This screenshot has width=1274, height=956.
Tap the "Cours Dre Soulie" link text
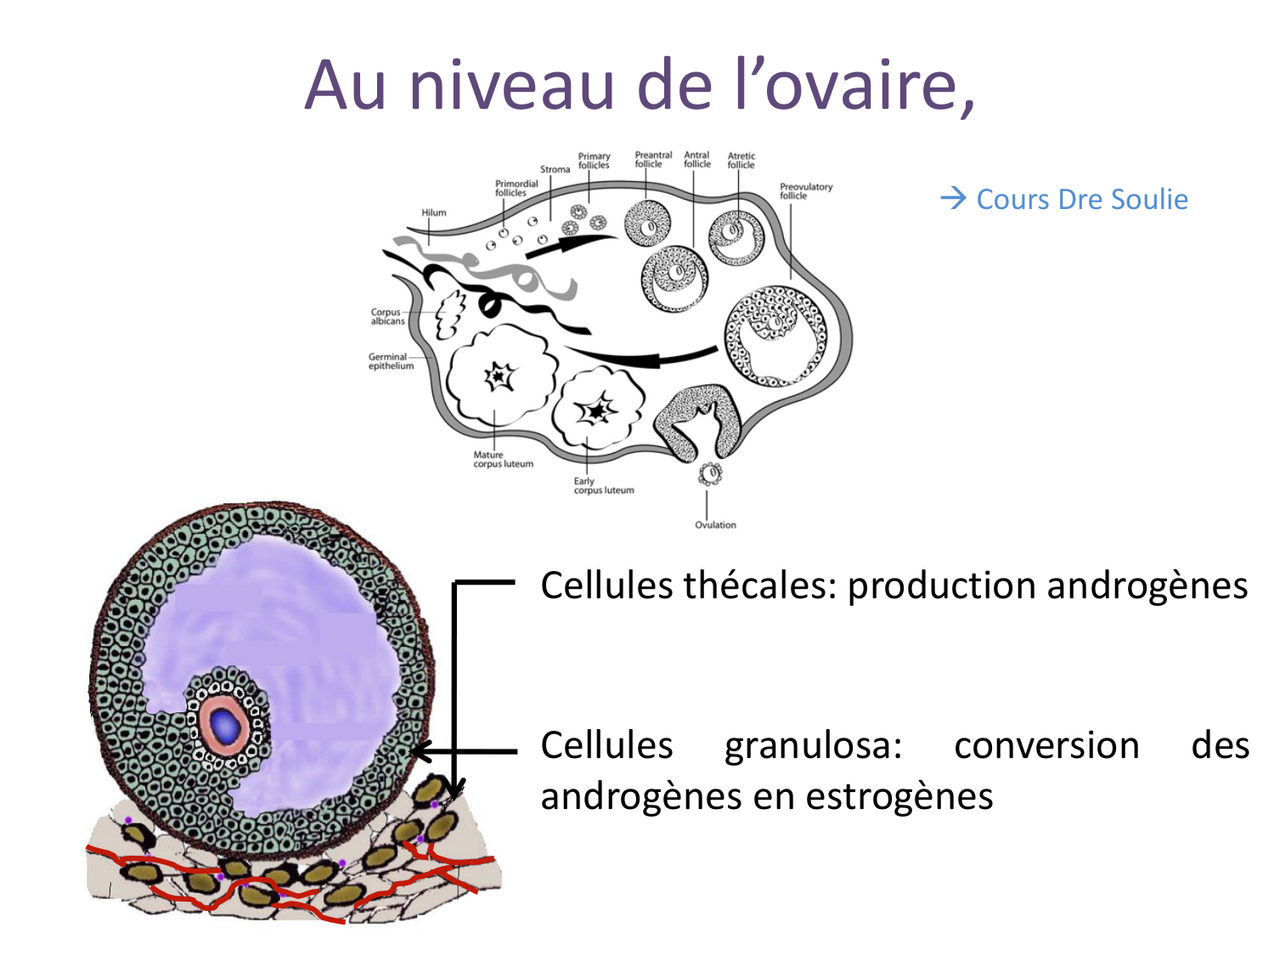click(1082, 200)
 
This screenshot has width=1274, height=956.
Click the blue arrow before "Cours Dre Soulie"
click(954, 199)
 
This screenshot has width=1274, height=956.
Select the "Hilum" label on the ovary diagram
click(433, 212)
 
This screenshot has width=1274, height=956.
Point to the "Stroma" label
click(555, 169)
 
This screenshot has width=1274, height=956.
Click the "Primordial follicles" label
click(516, 188)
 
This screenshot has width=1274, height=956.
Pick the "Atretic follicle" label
click(741, 160)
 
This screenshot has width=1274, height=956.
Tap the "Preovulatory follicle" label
click(805, 190)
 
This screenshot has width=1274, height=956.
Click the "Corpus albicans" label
click(386, 316)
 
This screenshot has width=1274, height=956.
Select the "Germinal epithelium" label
click(391, 361)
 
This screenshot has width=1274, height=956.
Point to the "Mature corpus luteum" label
click(503, 460)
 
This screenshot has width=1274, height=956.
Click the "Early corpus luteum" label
click(603, 485)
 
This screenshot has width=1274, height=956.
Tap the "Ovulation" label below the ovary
click(715, 524)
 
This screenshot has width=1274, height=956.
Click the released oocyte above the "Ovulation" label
click(710, 472)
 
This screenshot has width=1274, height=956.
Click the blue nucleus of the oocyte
click(225, 724)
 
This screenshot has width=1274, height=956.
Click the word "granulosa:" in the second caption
click(813, 746)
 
